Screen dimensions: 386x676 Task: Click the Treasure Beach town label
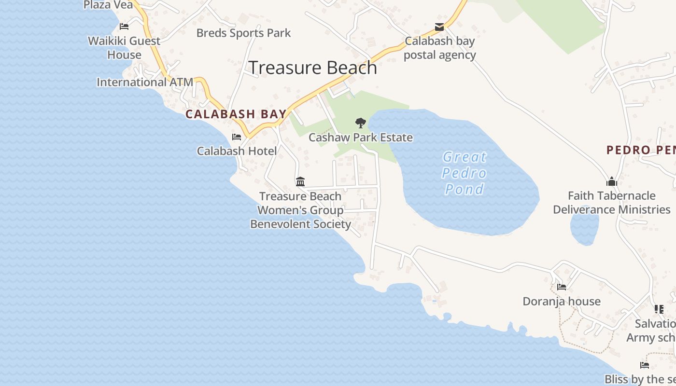pyautogui.click(x=312, y=68)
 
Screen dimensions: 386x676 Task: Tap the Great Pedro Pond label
pyautogui.click(x=465, y=173)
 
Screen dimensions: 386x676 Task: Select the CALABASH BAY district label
pyautogui.click(x=236, y=114)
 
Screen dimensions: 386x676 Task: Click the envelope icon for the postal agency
pyautogui.click(x=439, y=27)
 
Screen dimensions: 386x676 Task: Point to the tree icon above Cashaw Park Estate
pyautogui.click(x=360, y=123)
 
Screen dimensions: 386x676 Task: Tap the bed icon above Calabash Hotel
pyautogui.click(x=237, y=137)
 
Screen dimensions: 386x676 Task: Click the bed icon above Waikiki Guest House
pyautogui.click(x=124, y=27)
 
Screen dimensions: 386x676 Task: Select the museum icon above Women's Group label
pyautogui.click(x=300, y=182)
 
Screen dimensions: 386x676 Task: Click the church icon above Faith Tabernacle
pyautogui.click(x=612, y=181)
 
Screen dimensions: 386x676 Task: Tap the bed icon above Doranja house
pyautogui.click(x=562, y=287)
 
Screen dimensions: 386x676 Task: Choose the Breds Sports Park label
pyautogui.click(x=243, y=33)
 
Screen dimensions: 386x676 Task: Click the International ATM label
pyautogui.click(x=145, y=83)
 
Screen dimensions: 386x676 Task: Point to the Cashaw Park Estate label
pyautogui.click(x=361, y=138)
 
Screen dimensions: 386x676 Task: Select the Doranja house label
pyautogui.click(x=562, y=302)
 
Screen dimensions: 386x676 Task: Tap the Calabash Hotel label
pyautogui.click(x=237, y=151)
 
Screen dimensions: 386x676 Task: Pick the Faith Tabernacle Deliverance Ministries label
pyautogui.click(x=612, y=203)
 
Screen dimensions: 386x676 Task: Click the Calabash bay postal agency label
pyautogui.click(x=440, y=48)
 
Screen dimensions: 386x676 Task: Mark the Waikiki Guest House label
pyautogui.click(x=124, y=48)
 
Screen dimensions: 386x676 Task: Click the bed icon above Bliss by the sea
pyautogui.click(x=644, y=365)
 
